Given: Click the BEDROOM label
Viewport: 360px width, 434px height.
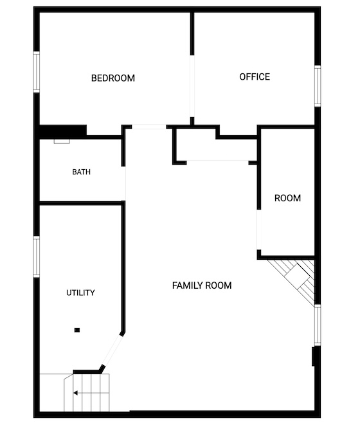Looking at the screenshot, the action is coord(113,78).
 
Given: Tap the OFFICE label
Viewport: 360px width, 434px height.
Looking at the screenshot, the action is coord(255,77).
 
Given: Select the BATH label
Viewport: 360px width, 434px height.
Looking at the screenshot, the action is coord(82,172).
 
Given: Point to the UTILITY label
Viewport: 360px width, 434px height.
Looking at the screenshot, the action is coord(80,293).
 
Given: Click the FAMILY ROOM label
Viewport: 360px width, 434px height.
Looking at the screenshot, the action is coord(202,285).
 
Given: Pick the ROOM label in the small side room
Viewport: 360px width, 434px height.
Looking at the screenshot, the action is coord(287,198).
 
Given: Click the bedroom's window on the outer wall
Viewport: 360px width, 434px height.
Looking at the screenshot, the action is coord(37,72).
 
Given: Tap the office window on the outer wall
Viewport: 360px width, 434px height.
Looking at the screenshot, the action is coord(318,86).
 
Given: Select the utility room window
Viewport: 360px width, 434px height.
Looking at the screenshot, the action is coord(37,257).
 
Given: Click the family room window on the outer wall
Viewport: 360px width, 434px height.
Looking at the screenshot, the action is coord(318,325).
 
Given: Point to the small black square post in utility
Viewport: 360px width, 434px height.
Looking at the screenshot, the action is coord(77,330).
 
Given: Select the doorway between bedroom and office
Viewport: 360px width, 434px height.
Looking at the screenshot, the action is coord(192,86).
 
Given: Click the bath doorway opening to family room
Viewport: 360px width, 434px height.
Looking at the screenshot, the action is coord(123,183).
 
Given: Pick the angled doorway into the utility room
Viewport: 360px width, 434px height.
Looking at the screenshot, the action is coord(111,350).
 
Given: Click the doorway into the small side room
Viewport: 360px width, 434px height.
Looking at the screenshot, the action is coord(259,230).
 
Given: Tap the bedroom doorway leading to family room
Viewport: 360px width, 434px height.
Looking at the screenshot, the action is coord(149,127).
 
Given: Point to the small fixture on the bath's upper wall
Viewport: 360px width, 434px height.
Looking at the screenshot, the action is coord(62,141).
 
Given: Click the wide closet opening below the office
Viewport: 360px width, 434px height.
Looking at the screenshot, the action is coord(217,162).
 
